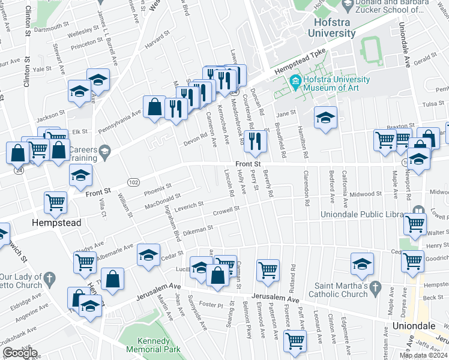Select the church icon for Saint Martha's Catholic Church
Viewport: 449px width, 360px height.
[376, 286]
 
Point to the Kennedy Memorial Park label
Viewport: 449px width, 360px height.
[154, 344]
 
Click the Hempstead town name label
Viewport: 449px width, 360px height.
[56, 223]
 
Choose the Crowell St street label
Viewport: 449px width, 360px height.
[226, 210]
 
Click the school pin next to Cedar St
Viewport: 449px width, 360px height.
[148, 254]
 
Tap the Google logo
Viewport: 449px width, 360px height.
[20, 353]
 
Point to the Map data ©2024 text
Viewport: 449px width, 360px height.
[423, 355]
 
